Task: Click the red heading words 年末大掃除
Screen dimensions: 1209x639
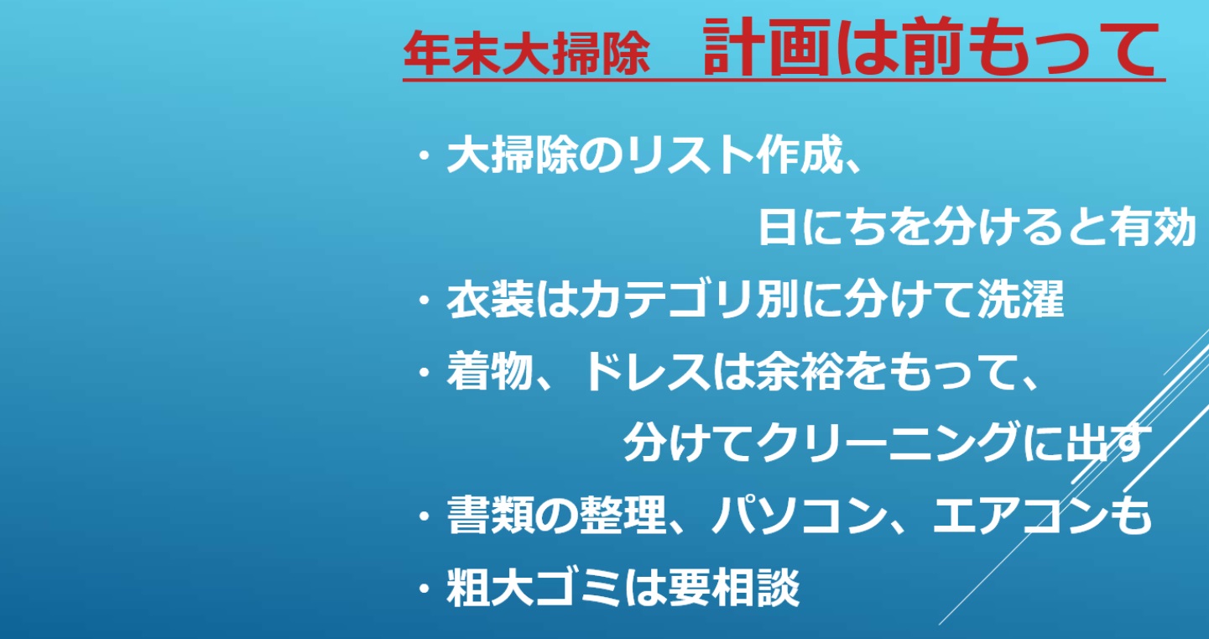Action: click(x=527, y=53)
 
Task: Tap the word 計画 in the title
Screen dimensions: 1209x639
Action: click(x=766, y=47)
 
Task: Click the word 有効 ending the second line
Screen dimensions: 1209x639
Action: click(x=1152, y=227)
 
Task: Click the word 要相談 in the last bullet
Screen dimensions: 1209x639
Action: click(x=734, y=587)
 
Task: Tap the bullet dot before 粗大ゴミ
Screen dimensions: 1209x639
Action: click(x=425, y=589)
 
